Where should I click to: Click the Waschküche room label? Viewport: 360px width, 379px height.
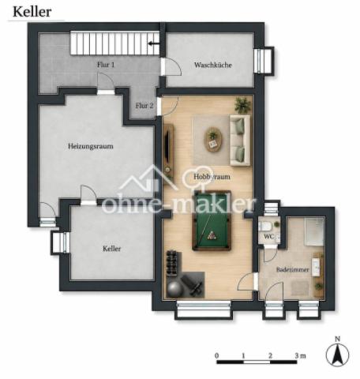pyautogui.click(x=213, y=65)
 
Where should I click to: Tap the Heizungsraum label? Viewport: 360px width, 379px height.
pyautogui.click(x=91, y=146)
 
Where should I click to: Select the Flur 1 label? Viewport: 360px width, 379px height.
pyautogui.click(x=106, y=65)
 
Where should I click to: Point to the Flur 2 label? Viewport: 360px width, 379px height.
pyautogui.click(x=144, y=106)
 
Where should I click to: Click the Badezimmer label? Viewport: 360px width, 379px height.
pyautogui.click(x=292, y=269)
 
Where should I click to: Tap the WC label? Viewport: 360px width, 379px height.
pyautogui.click(x=268, y=236)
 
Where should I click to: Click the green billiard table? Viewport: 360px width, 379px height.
pyautogui.click(x=212, y=220)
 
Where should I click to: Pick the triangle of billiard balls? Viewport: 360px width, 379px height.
pyautogui.click(x=211, y=235)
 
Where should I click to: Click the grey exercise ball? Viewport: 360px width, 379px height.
pyautogui.click(x=175, y=290)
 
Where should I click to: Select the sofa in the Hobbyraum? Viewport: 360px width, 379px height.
pyautogui.click(x=240, y=141)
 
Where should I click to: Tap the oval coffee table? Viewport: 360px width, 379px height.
pyautogui.click(x=213, y=140)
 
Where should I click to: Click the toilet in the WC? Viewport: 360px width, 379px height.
pyautogui.click(x=265, y=226)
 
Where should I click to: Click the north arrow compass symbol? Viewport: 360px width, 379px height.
pyautogui.click(x=337, y=354)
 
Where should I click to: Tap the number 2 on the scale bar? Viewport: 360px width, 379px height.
pyautogui.click(x=270, y=355)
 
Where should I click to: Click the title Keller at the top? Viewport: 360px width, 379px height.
pyautogui.click(x=32, y=12)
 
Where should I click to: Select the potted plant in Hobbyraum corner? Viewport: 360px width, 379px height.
pyautogui.click(x=242, y=105)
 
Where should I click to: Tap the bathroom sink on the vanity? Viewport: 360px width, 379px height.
pyautogui.click(x=316, y=267)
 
